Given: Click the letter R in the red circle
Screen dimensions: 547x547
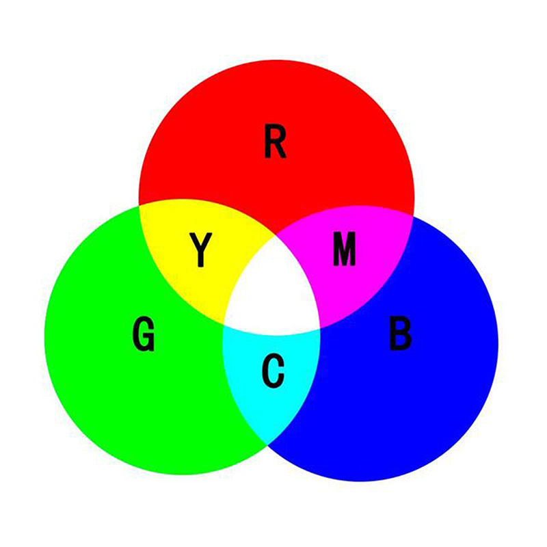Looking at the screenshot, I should click(x=275, y=142).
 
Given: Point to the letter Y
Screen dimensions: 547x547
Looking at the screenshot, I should click(x=200, y=250).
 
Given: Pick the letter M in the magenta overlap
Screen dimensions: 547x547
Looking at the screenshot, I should click(x=344, y=249).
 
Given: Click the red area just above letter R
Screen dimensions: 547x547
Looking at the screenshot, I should click(x=275, y=103).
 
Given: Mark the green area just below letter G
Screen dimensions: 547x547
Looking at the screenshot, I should click(x=144, y=383).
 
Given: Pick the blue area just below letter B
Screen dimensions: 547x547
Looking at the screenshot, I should click(x=400, y=383).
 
